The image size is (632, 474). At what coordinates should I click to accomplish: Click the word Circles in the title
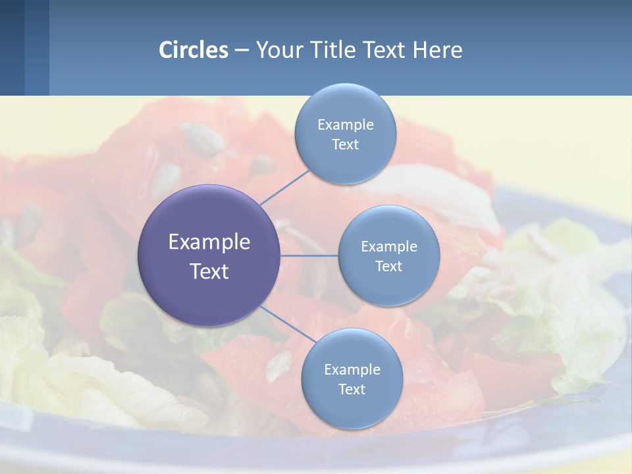pos(194,50)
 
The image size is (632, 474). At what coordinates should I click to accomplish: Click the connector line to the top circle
pos(285,186)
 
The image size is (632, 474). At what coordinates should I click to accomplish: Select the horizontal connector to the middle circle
pos(309,255)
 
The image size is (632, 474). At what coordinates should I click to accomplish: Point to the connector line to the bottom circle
pos(286,325)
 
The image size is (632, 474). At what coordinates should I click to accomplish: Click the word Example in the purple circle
pos(209,242)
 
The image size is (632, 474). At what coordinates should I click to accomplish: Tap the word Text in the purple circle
pos(209,271)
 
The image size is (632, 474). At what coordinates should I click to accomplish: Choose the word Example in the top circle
pos(345,125)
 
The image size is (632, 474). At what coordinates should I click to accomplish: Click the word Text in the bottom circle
pos(352,390)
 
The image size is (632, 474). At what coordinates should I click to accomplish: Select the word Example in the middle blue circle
pos(388,247)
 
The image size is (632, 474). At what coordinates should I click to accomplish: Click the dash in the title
pos(242,51)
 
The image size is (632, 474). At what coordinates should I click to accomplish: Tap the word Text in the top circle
pos(345,145)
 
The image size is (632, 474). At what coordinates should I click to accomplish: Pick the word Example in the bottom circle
pos(352,370)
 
